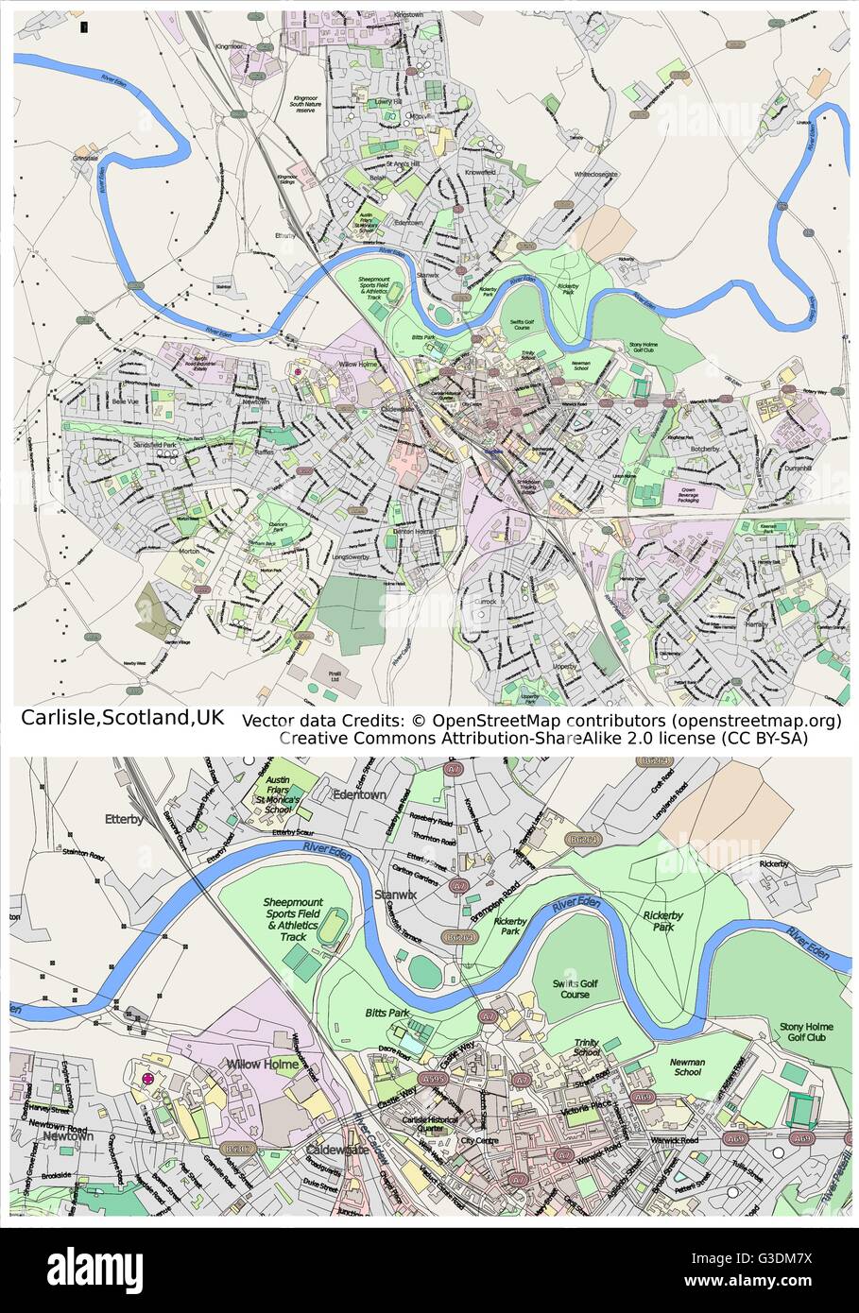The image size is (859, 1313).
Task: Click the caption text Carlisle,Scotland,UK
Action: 122,718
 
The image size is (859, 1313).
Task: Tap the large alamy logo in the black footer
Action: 95,1268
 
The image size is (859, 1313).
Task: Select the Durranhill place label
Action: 798,468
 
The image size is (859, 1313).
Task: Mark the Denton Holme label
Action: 412,532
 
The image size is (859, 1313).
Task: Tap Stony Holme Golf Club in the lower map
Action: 802,1032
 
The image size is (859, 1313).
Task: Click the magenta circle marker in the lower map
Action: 146,1079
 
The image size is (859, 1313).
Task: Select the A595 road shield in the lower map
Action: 434,1079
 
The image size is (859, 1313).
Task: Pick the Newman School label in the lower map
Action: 687,1066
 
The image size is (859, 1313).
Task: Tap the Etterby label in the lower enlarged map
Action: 125,820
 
